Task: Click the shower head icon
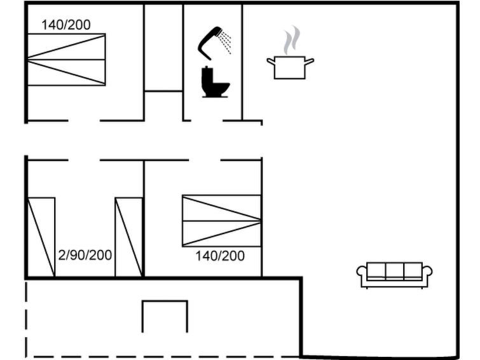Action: tap(210, 37)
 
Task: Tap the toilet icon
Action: tap(214, 82)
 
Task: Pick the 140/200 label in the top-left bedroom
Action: tap(66, 25)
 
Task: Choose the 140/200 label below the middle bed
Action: tap(220, 256)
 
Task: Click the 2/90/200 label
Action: tap(85, 255)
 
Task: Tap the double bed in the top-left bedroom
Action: tap(66, 59)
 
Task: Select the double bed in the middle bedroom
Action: tap(221, 220)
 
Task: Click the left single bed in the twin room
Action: tap(41, 237)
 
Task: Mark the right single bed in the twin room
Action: tap(128, 237)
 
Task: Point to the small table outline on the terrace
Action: tap(165, 315)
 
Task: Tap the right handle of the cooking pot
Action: tap(310, 61)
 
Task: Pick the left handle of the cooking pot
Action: tap(270, 61)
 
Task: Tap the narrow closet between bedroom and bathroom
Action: tap(163, 48)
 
